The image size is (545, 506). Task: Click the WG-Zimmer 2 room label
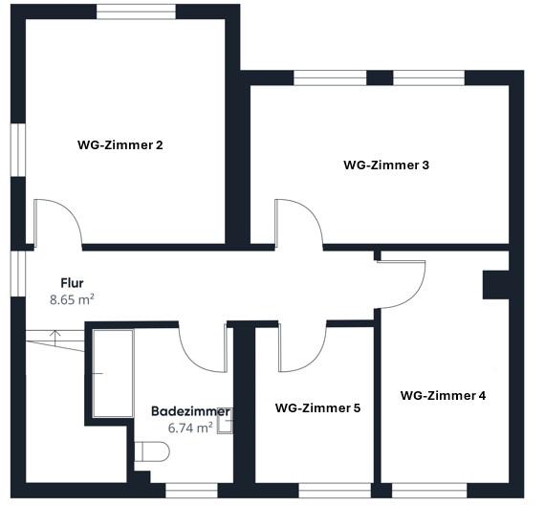tap(120, 145)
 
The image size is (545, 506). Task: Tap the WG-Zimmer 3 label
tap(386, 165)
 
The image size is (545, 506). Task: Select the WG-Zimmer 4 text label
tap(443, 395)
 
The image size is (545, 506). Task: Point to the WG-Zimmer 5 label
tap(317, 407)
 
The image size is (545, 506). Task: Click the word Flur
tap(72, 284)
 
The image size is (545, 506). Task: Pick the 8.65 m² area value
tap(72, 299)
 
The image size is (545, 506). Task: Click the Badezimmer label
tap(190, 411)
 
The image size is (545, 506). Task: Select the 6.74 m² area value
tap(190, 428)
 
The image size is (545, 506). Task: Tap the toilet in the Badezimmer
tap(150, 451)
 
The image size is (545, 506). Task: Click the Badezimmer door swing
tap(202, 346)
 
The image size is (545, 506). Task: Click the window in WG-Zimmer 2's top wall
tap(135, 11)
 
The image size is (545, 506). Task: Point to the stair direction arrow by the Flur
tap(55, 336)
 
